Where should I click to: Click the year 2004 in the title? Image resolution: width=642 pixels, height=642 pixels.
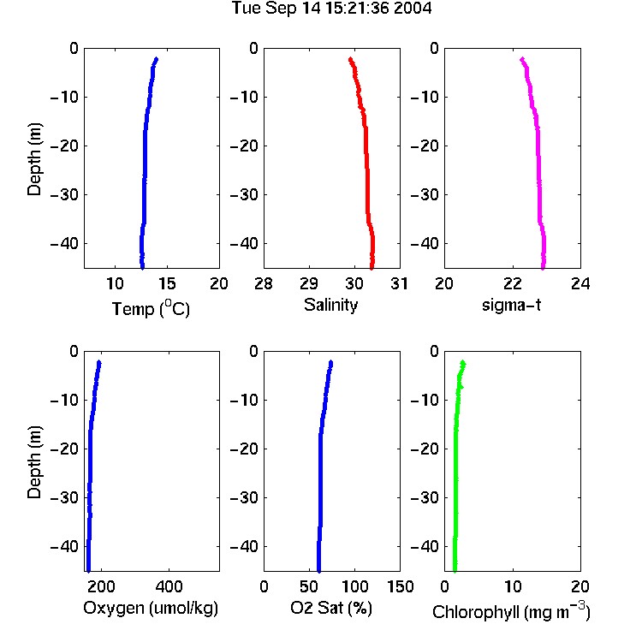tap(413, 9)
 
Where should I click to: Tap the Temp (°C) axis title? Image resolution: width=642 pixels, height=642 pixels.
tap(151, 308)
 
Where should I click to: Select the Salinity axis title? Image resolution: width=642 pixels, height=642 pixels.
tap(330, 305)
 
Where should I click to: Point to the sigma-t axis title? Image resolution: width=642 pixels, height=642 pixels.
tap(511, 305)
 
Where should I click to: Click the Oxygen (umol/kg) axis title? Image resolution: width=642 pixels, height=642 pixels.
tap(151, 608)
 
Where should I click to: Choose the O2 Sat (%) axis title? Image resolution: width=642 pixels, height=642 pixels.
tap(331, 608)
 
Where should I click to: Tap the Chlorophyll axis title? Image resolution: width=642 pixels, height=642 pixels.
tap(511, 611)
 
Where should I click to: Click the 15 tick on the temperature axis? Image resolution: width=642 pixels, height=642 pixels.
tap(167, 283)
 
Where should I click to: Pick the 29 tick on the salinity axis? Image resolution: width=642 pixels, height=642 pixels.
tap(309, 283)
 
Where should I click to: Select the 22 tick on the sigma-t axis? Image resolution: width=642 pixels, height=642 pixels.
tap(513, 283)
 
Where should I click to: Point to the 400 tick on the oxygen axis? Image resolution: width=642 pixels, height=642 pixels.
tap(169, 586)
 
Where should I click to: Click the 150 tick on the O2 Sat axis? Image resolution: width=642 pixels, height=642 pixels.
tap(401, 586)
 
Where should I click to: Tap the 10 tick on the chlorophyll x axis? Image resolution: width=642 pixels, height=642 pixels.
tap(513, 586)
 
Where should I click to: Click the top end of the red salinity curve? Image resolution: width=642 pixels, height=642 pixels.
tap(350, 59)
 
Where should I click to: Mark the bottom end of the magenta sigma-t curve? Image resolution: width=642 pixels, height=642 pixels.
tap(543, 268)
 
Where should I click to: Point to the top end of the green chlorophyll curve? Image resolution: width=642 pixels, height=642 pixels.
tap(463, 363)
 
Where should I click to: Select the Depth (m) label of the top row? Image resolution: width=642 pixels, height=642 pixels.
tap(34, 159)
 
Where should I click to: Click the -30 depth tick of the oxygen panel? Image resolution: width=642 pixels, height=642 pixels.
tap(64, 497)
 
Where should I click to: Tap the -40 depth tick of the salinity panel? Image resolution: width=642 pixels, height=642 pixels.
tap(245, 244)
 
